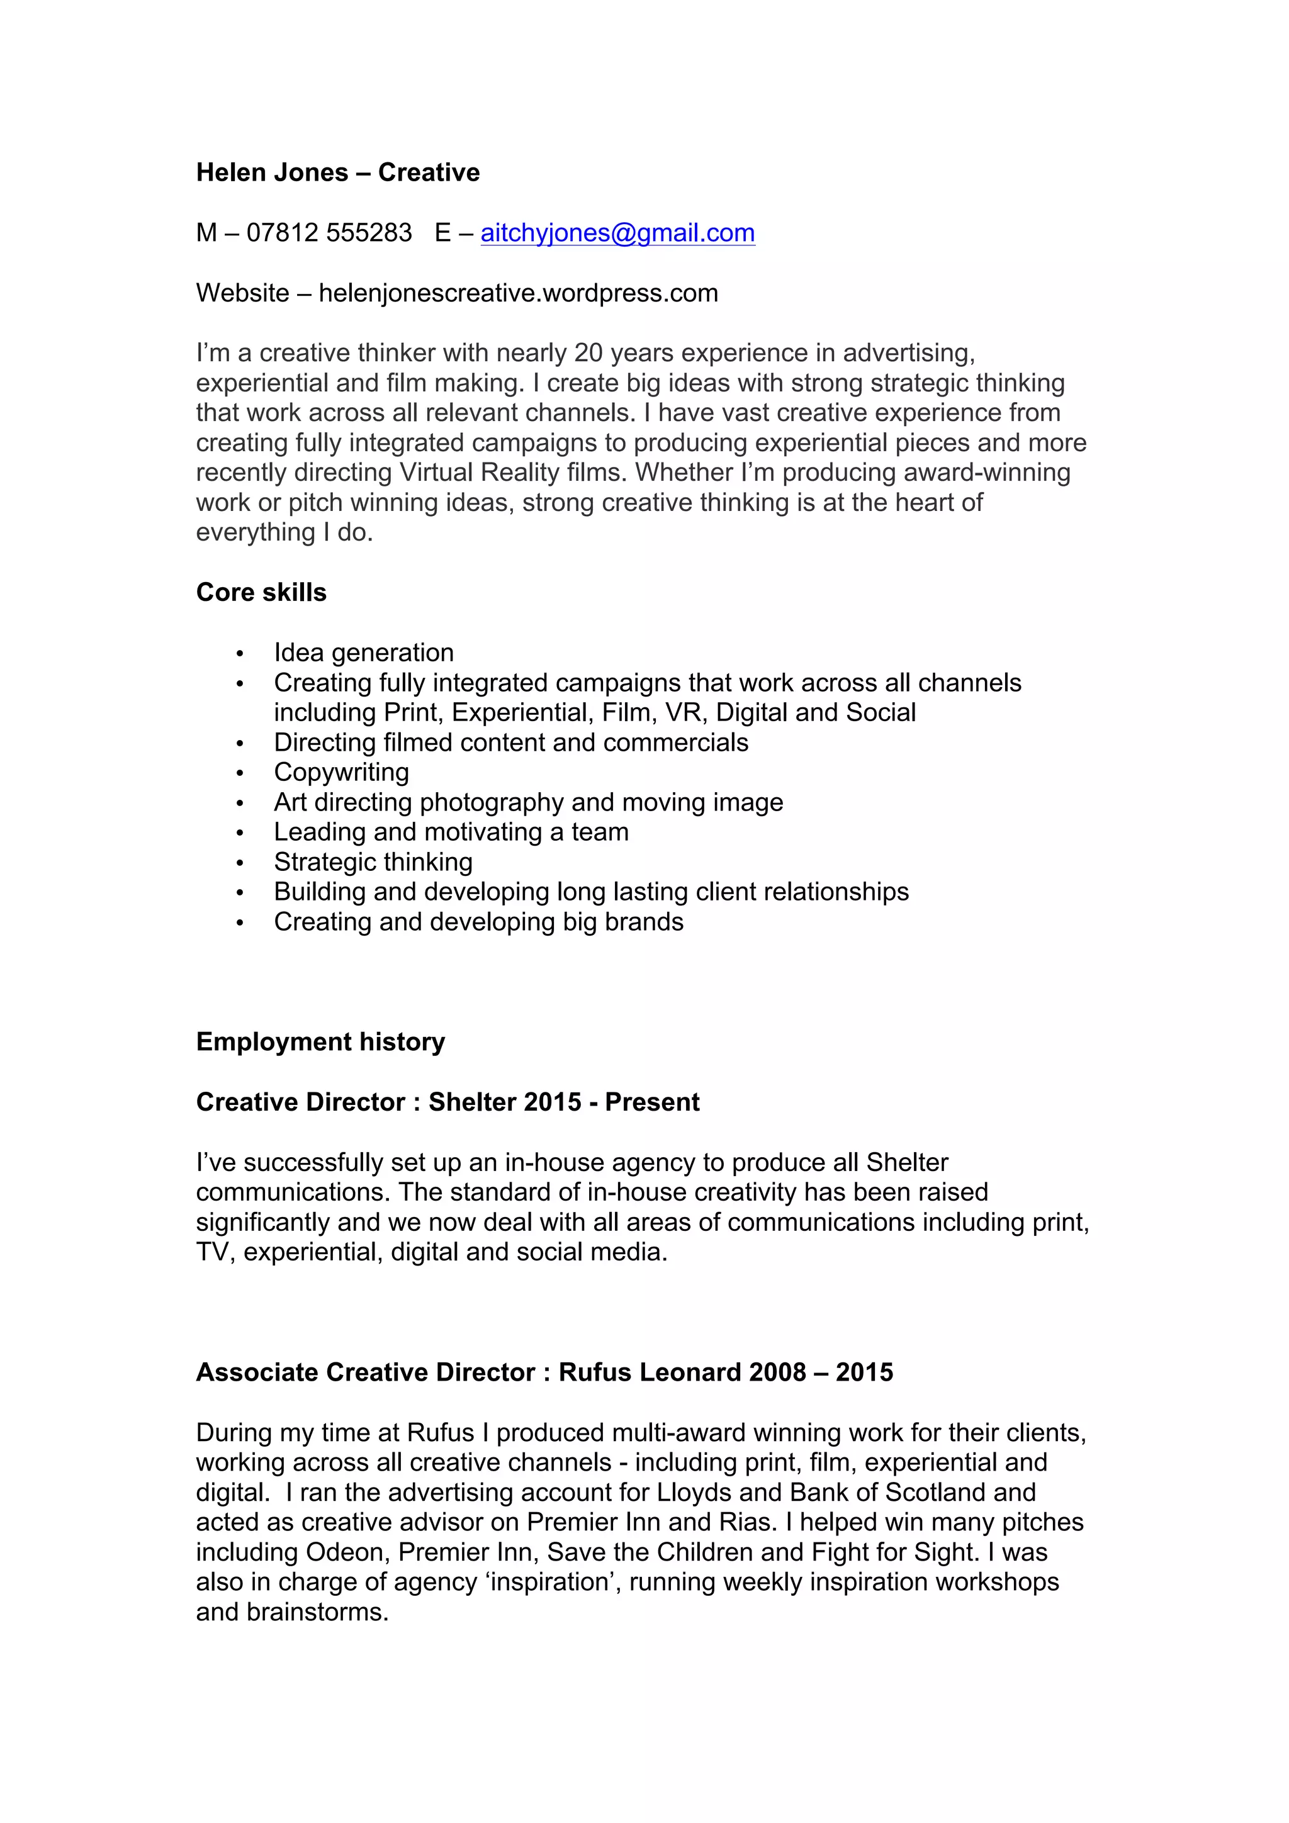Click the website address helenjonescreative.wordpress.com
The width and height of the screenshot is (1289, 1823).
518,293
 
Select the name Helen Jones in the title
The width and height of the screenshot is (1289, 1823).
272,172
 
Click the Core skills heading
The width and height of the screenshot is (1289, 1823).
261,592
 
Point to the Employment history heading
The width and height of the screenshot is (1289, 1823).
320,1041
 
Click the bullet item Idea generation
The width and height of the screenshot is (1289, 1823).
364,653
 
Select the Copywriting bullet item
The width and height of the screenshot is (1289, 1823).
342,771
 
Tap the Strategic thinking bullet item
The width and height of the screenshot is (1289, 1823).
373,861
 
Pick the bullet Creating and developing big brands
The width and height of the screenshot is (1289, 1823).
478,922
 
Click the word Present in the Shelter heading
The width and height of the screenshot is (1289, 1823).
652,1102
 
